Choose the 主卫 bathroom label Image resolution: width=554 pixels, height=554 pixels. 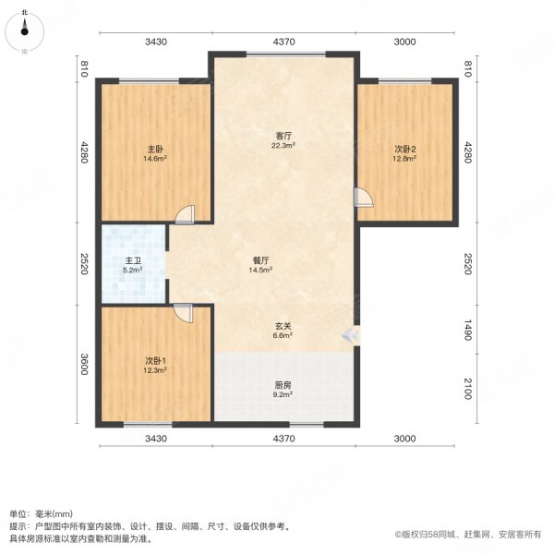coord(134,260)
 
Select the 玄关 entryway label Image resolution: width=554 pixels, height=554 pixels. coord(283,326)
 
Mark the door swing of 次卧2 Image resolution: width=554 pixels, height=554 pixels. coord(364,197)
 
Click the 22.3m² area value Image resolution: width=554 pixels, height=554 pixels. coord(283,146)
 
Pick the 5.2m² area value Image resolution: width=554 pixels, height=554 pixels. coord(134,271)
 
